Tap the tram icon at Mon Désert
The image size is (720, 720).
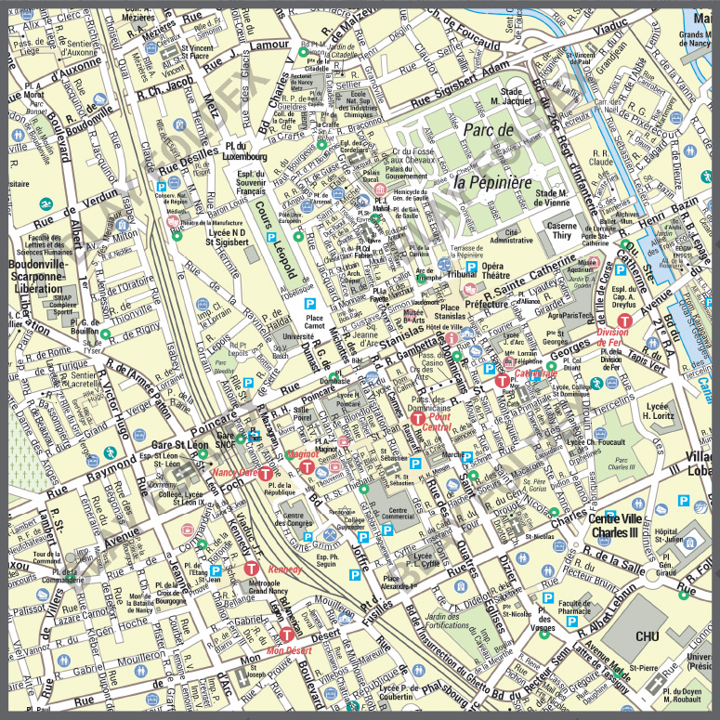point(285,635)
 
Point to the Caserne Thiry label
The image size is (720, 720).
point(560,230)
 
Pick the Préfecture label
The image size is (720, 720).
point(487,303)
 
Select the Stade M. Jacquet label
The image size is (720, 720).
point(510,98)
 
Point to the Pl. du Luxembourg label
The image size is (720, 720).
point(245,150)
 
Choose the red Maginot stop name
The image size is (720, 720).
point(304,454)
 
